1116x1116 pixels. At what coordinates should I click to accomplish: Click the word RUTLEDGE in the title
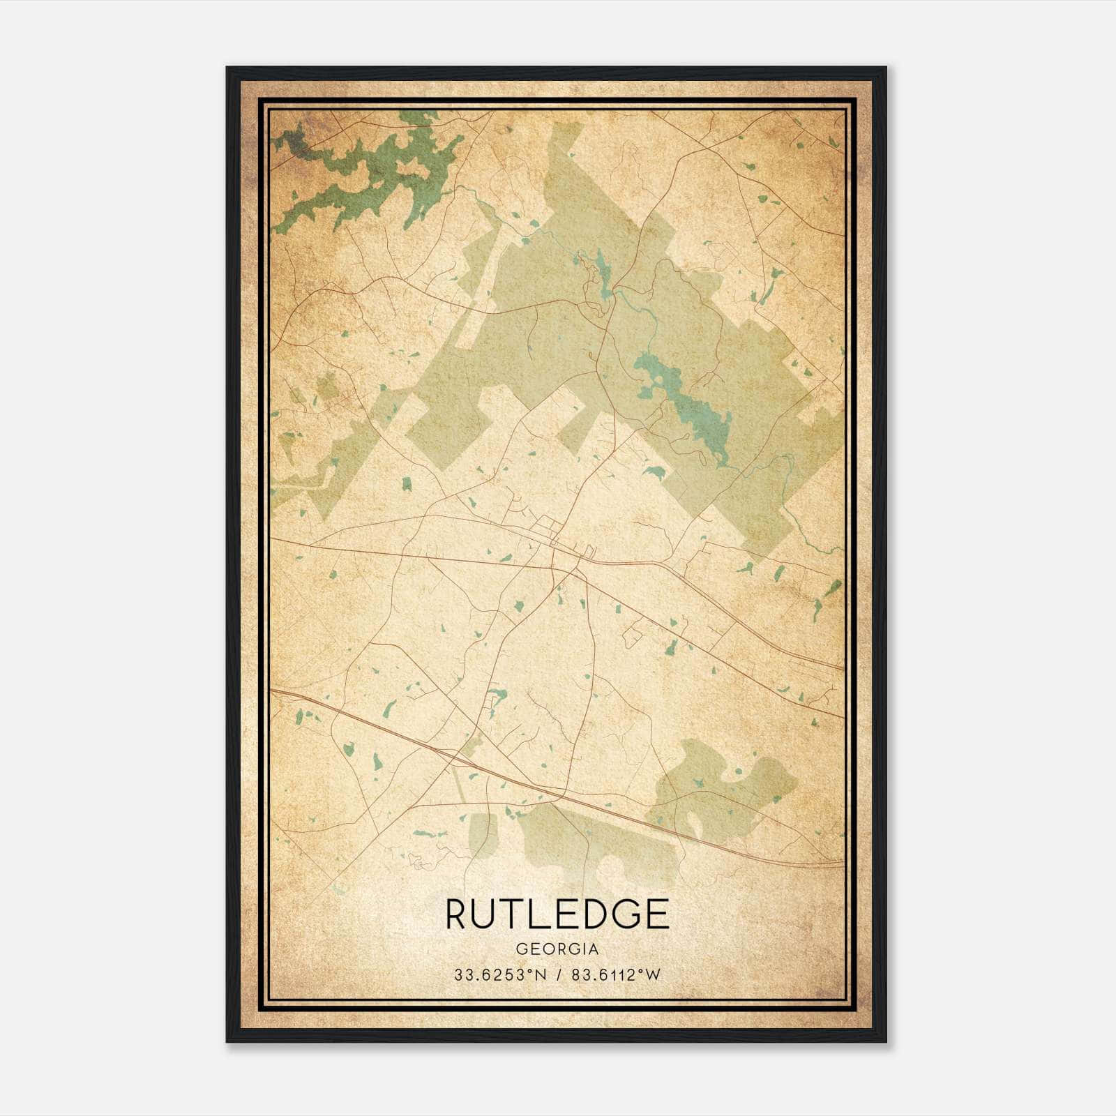pyautogui.click(x=557, y=914)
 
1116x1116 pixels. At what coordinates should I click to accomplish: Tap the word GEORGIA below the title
pyautogui.click(x=557, y=949)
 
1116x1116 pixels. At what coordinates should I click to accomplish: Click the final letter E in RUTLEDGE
pyautogui.click(x=658, y=914)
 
